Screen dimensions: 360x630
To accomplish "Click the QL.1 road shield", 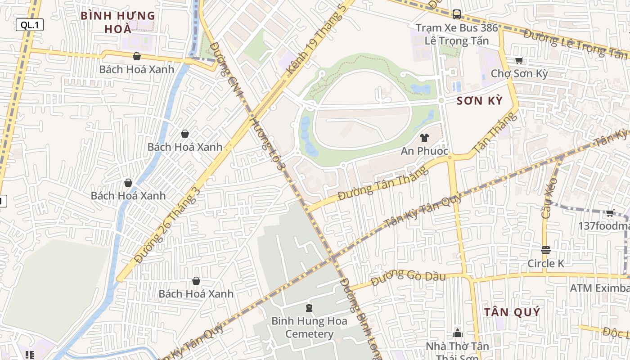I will coord(30,25).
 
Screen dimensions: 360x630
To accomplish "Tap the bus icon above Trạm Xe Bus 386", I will coord(457,14).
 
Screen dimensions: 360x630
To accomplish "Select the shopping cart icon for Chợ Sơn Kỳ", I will coord(519,61).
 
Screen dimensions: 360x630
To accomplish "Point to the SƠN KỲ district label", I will coord(479,101).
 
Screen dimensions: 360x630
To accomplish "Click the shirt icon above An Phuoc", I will coord(424,138).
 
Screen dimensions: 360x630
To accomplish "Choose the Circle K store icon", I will coord(545,250).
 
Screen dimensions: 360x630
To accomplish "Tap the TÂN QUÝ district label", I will coord(512,312).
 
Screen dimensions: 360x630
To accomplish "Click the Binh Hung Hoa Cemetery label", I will coord(309,328).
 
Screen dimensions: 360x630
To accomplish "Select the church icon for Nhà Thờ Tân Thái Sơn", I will coord(458,333).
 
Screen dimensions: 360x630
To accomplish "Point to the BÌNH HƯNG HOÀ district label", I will coord(118,22).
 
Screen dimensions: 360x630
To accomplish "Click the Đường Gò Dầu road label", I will coord(408,277).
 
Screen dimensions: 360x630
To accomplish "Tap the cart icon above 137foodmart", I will coord(610,213).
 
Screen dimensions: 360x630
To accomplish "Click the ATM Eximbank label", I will coord(599,288).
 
